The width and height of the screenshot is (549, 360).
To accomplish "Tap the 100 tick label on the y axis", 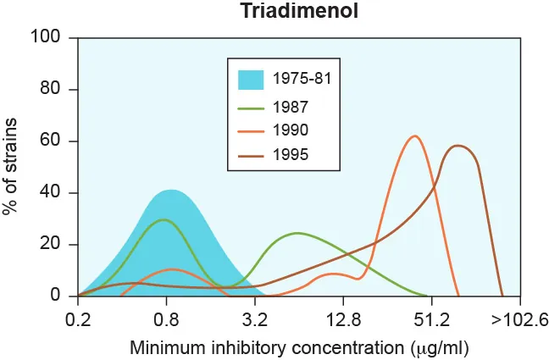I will tap(47, 37).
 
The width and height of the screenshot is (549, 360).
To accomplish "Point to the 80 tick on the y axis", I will tap(52, 89).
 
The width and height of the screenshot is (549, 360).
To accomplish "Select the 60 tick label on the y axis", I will tap(52, 141).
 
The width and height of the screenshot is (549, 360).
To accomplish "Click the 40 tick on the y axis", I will tap(52, 192).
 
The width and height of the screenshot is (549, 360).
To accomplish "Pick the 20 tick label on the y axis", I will tap(52, 244).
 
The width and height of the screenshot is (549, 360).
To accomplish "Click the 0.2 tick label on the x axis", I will tap(78, 319).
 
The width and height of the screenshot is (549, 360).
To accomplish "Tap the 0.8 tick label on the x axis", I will tap(166, 319).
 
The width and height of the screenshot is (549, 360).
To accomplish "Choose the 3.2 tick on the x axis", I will tap(254, 319).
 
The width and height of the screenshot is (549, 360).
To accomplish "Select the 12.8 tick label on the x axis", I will tap(342, 319).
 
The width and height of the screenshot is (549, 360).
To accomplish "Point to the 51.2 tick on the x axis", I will tap(430, 319).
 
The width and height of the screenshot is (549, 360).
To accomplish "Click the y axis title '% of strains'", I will tap(12, 166).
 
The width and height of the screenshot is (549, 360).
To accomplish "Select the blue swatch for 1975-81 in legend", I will tap(251, 80).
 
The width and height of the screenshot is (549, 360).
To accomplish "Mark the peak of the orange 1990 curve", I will tap(414, 136).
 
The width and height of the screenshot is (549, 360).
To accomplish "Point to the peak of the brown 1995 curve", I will tap(458, 146).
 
